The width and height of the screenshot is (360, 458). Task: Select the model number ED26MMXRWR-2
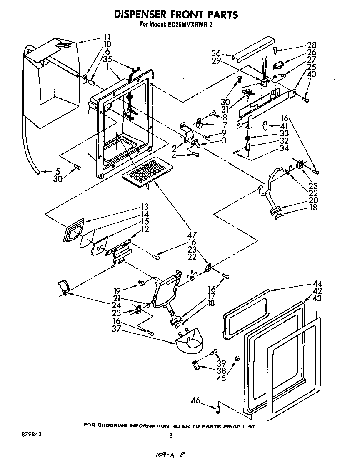[192, 24]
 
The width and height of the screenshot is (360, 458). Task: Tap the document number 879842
[31, 434]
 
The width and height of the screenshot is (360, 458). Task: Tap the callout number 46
[196, 401]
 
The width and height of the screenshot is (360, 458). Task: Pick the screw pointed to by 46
[218, 410]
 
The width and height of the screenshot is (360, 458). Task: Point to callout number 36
[216, 53]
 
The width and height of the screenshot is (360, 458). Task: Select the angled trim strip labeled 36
[253, 48]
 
